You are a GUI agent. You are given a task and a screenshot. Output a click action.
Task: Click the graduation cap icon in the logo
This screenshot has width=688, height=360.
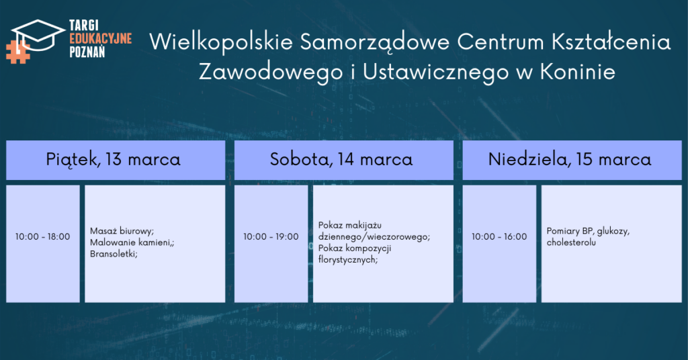[x=38, y=34]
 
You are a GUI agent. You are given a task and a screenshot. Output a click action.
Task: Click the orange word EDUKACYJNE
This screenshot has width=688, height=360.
[x=101, y=38]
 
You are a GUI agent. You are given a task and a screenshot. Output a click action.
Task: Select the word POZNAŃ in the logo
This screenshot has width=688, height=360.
[x=87, y=52]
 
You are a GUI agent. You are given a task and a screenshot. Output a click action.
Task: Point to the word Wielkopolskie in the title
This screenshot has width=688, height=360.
[x=221, y=42]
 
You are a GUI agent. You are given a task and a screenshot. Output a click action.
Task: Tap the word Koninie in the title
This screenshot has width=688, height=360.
[x=577, y=71]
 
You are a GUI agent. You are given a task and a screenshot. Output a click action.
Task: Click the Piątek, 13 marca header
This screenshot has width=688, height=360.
[x=113, y=160]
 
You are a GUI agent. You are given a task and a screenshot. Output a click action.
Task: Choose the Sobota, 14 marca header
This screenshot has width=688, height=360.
[x=341, y=159]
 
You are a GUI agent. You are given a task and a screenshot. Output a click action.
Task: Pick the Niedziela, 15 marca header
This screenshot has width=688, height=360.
[x=570, y=159]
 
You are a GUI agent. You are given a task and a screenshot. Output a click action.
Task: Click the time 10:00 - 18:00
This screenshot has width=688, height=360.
[x=42, y=237]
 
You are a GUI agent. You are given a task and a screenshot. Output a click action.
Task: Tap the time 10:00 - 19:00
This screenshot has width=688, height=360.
[x=271, y=237]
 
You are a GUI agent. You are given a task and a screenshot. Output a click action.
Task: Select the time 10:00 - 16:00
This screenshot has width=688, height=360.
[x=499, y=237]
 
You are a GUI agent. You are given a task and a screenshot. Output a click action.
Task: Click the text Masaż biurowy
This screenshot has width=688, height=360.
[x=121, y=231]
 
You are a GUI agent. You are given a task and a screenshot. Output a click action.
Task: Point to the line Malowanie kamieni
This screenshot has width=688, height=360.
[x=131, y=242]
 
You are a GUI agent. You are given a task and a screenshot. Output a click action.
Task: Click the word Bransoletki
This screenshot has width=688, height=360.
[x=113, y=254]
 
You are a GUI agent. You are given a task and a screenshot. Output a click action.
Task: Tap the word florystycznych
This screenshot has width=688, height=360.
[x=347, y=259]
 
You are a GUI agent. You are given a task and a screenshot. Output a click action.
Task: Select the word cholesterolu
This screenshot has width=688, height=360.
[x=571, y=242]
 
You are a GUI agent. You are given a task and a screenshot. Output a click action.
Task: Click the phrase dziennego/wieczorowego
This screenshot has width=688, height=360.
[x=373, y=237]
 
